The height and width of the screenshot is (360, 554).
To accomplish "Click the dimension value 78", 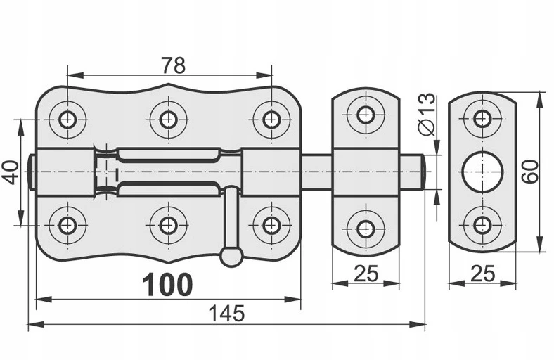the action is tap(173, 65).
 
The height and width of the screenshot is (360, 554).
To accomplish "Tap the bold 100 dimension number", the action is tap(167, 284).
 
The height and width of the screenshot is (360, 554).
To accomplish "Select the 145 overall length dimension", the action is tap(226, 313).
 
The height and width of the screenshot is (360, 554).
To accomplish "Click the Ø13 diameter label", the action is tap(427, 114).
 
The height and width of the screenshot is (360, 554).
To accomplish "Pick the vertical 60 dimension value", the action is tap(530, 172).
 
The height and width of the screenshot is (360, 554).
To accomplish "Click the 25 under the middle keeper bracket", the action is tap(366, 273).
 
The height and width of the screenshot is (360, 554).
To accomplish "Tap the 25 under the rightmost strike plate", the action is tap(483, 273).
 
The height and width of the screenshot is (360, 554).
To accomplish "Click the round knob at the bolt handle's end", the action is tap(231, 255).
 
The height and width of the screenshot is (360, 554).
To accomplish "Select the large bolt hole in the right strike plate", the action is tap(482, 172).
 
